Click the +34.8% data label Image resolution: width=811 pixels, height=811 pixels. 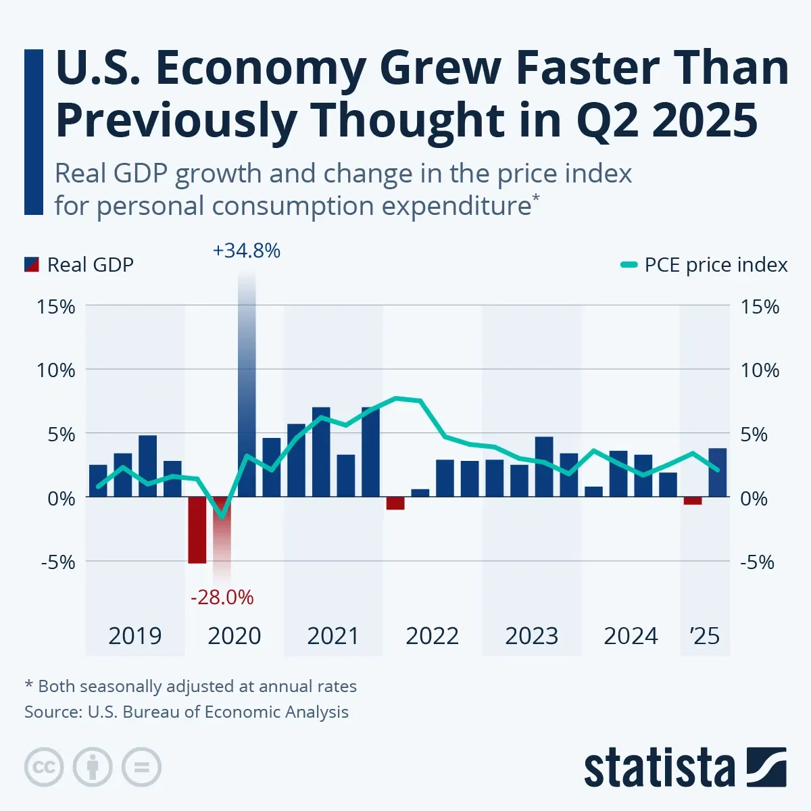click(246, 251)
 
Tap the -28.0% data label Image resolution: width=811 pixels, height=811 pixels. click(222, 597)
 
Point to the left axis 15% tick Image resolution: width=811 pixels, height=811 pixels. click(56, 307)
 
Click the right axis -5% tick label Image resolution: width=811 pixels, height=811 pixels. click(758, 562)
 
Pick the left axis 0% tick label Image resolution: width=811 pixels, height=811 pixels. click(61, 499)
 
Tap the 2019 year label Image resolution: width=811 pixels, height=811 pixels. click(134, 636)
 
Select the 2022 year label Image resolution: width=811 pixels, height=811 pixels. click(432, 636)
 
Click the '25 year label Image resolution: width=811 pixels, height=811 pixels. click(704, 636)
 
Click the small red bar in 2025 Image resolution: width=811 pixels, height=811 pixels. click(693, 501)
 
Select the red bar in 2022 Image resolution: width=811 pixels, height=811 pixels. click(395, 503)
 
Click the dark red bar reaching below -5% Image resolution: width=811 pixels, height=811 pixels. click(197, 530)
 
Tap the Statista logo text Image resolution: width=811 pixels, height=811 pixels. click(659, 768)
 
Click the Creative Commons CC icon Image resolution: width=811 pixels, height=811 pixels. click(44, 767)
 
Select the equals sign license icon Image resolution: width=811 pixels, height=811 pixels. click(141, 767)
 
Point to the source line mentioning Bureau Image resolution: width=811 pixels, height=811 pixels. click(187, 712)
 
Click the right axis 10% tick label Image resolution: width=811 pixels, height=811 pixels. click(760, 370)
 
